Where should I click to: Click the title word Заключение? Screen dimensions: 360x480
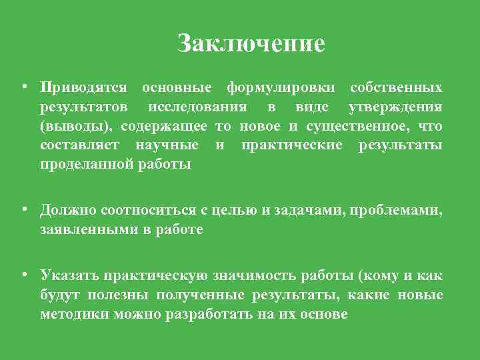[x=251, y=43]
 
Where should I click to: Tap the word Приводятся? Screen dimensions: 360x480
[x=83, y=88]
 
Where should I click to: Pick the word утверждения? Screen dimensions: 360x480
[x=395, y=107]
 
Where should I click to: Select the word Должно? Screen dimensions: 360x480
[x=68, y=211]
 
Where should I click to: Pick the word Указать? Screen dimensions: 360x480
[x=70, y=275]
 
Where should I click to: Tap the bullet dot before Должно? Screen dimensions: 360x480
[x=23, y=210]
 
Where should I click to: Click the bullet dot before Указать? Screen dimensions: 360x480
[x=23, y=275]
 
